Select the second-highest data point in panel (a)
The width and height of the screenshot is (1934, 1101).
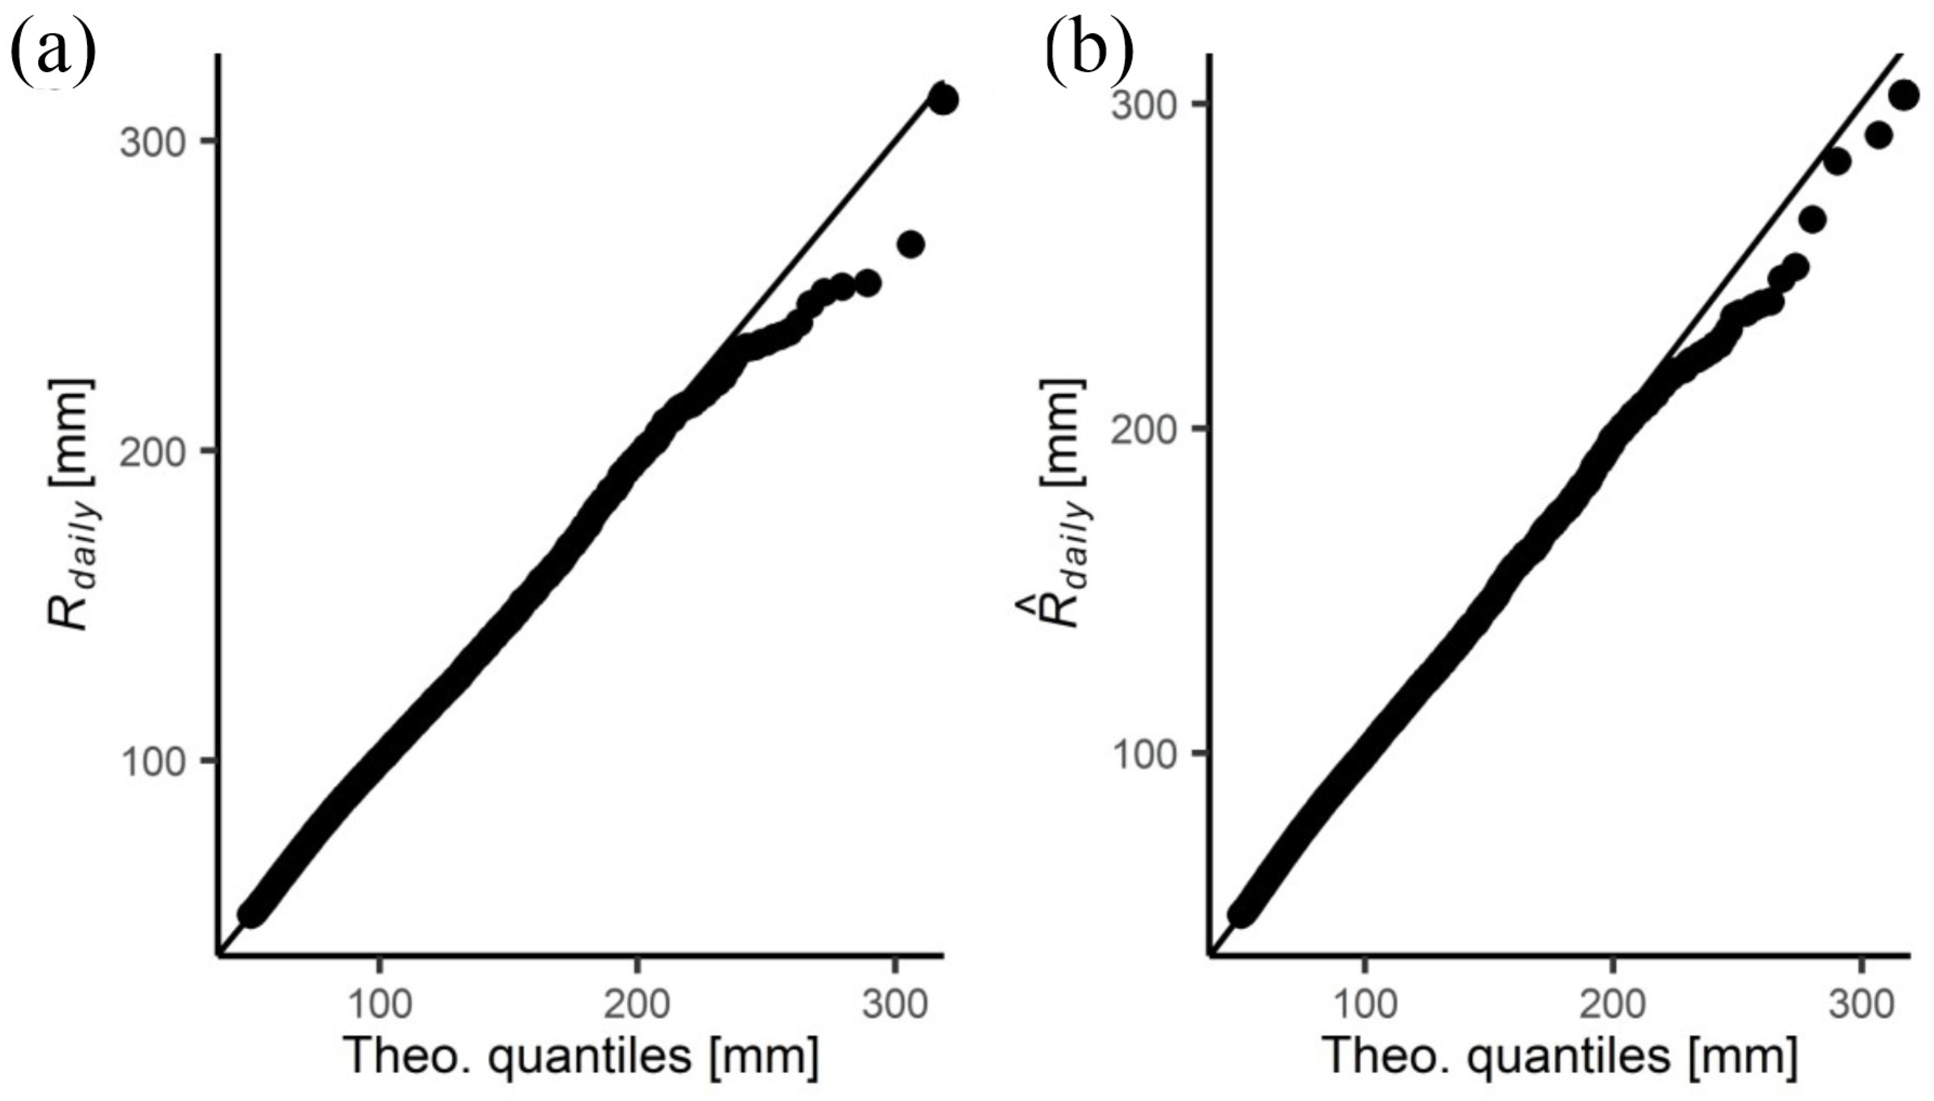911,243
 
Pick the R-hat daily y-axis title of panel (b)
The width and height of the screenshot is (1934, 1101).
1063,504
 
